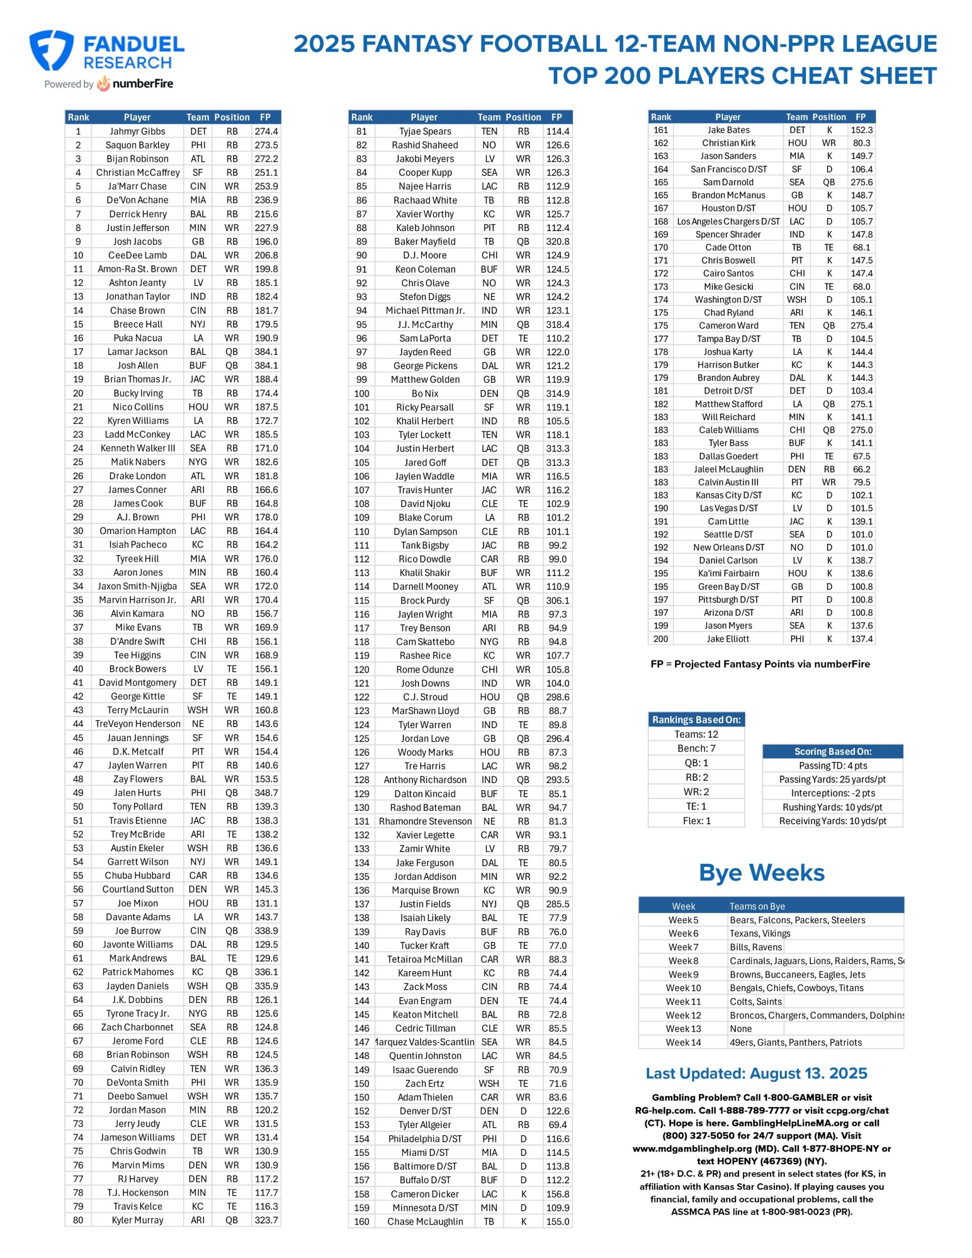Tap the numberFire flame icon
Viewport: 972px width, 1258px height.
(104, 84)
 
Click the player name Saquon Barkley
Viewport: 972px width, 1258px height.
(137, 145)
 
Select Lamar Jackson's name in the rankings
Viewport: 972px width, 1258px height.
(137, 351)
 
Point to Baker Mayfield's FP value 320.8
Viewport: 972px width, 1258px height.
(558, 241)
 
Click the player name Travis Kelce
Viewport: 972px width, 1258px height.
(137, 1206)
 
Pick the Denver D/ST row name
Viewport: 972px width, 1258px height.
(425, 1111)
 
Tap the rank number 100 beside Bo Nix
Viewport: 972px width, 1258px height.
(362, 394)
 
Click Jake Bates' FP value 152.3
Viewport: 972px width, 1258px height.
(861, 130)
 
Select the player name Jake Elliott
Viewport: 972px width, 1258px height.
(728, 639)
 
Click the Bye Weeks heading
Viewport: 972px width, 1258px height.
(761, 873)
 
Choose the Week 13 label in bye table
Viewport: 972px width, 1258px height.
(684, 1028)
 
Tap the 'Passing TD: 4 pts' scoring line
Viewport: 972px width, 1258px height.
(832, 766)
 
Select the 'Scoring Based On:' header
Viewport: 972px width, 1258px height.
(832, 751)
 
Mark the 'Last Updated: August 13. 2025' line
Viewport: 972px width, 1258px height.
(756, 1074)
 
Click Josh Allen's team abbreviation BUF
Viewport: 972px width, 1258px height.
(198, 365)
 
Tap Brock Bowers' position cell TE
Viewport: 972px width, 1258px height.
(231, 669)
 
